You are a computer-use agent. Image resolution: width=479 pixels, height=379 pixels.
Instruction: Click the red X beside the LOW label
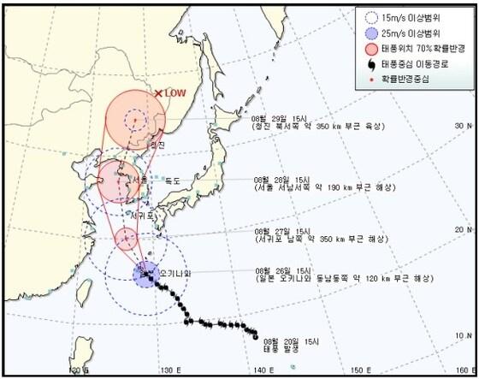158,93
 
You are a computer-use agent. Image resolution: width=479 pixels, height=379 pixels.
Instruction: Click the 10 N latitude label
464,335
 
